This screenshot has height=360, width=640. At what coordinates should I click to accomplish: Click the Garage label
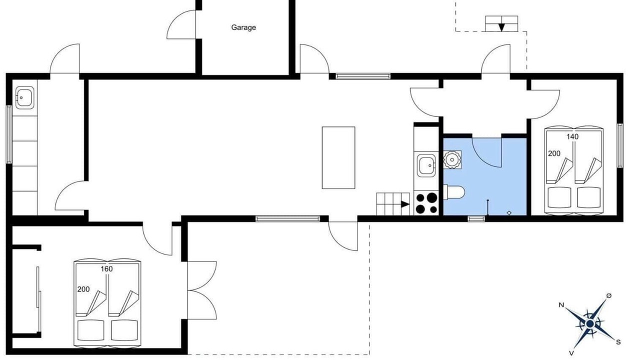point(243,27)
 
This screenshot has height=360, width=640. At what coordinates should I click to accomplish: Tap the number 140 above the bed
point(572,137)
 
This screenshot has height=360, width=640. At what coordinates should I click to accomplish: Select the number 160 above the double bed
point(106,269)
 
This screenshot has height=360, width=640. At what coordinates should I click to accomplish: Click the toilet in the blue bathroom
point(454,192)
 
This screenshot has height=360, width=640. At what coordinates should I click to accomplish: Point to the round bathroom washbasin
point(452,159)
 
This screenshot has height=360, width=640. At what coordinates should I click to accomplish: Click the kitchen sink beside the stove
point(426,165)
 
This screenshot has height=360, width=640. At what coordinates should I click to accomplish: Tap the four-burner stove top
point(426,203)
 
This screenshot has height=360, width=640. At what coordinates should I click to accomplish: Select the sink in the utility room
point(24,97)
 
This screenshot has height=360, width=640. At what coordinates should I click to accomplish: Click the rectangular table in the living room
point(338,157)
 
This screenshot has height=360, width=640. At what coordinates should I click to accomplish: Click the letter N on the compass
point(561,305)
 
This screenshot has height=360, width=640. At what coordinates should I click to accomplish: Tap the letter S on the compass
point(618,342)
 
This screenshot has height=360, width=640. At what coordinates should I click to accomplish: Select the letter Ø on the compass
point(609,296)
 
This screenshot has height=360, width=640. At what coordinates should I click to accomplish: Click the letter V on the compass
point(571,353)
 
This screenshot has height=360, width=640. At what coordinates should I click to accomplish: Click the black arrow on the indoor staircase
point(405,204)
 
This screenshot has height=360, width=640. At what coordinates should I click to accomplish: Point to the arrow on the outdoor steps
point(501,27)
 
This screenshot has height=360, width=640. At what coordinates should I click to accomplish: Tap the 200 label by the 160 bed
point(83,289)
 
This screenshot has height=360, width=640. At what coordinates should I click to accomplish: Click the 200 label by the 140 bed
point(554,153)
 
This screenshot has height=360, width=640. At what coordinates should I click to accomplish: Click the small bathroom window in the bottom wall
point(476,219)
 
